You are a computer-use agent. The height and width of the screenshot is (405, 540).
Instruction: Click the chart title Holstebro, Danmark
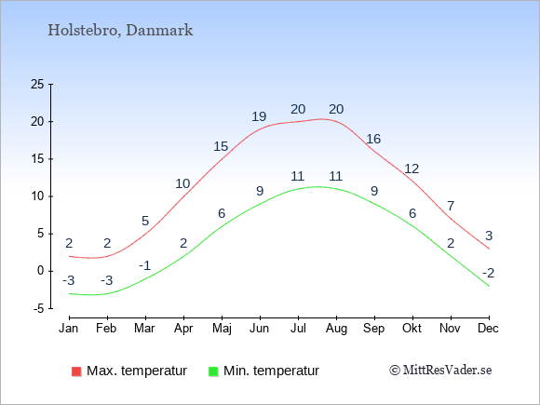120,31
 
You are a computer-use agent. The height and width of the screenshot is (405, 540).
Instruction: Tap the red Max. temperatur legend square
76,371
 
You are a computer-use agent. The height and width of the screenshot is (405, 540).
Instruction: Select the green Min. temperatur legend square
213,371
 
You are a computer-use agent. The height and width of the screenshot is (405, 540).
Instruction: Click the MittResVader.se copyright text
440,371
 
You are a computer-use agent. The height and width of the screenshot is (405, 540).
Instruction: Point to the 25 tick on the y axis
37,84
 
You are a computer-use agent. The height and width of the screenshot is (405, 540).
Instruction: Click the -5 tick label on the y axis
39,309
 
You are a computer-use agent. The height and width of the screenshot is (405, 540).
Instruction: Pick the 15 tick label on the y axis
37,159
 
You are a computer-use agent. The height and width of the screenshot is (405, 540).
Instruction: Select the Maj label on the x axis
222,329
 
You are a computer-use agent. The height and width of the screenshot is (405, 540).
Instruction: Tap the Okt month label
412,329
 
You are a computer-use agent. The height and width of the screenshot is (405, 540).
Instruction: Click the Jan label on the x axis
69,329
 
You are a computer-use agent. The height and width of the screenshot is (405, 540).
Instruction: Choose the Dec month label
489,329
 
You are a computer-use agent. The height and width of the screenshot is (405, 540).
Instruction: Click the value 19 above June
259,116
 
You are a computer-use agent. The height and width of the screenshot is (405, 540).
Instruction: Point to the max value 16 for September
373,139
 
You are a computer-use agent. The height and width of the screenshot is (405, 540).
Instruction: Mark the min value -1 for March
145,266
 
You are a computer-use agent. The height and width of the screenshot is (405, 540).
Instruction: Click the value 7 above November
451,206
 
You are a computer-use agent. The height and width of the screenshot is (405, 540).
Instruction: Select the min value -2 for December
489,273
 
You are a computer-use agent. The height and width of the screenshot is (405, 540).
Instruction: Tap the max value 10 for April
182,184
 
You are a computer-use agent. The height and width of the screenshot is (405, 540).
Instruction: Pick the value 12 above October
412,169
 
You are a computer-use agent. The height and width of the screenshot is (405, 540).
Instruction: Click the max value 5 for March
145,221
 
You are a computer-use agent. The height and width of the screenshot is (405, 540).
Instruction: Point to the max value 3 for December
489,236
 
